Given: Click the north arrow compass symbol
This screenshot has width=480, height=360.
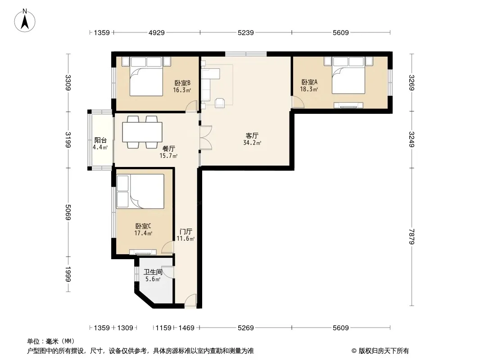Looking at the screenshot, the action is (x=25, y=21).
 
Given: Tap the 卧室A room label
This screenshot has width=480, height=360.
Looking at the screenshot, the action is (x=309, y=82).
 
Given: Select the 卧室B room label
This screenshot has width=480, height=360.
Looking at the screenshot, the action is (x=182, y=83).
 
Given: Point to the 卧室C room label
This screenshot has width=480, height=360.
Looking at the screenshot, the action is (x=143, y=226).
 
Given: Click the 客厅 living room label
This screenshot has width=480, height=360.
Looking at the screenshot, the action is (x=252, y=135).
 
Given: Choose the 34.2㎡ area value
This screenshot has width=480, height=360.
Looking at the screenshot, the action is (x=252, y=143).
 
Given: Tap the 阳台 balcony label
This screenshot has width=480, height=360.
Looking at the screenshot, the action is (x=100, y=140).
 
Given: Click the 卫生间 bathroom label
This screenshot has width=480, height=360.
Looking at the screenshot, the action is (x=153, y=272).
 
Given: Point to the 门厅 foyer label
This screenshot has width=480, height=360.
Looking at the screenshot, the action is (x=186, y=232).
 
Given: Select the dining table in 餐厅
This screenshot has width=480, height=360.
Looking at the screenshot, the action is (x=142, y=132).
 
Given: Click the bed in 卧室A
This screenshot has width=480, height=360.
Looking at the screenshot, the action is (x=349, y=75).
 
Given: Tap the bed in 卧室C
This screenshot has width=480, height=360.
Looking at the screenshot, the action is (x=140, y=191).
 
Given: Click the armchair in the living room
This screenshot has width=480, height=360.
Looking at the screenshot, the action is (x=220, y=103).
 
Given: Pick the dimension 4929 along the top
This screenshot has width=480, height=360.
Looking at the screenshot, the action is (x=156, y=33).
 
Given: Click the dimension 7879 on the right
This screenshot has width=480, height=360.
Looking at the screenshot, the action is (x=412, y=237).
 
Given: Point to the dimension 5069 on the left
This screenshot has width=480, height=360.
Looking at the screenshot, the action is (x=68, y=212).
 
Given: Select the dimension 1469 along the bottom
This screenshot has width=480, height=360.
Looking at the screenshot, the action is (x=186, y=328).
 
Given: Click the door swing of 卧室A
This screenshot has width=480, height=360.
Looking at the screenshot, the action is (x=298, y=102).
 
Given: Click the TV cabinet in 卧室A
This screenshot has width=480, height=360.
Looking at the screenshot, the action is (x=349, y=105).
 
